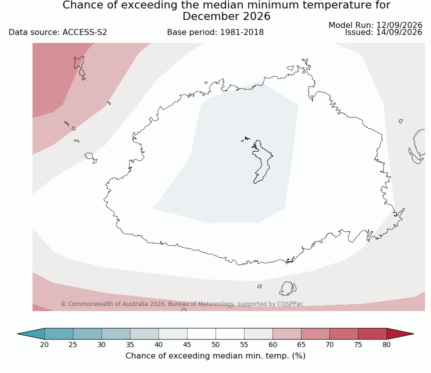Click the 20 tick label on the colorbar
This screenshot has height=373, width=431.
pos(44,345)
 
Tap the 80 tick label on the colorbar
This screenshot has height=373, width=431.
pos(386,345)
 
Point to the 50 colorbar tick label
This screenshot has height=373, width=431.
pos(215,345)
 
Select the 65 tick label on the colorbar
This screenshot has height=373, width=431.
pos(301,345)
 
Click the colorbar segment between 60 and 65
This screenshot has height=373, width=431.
pos(286,334)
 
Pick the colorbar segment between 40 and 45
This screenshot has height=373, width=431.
pos(173,334)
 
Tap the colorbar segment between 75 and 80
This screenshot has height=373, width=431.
pos(372,334)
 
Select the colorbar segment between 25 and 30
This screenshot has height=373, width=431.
pos(87,334)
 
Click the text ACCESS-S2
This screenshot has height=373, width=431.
pos(84,32)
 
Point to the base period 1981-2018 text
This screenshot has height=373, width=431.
pos(215,32)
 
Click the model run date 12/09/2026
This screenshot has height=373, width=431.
pos(399,25)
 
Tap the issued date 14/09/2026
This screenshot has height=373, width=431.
pos(399,32)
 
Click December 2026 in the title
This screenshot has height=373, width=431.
pos(226,16)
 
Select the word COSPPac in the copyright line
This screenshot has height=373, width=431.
pos(290,304)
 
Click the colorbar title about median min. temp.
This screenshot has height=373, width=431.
pos(215,356)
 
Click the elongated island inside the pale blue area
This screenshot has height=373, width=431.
pos(261,161)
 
